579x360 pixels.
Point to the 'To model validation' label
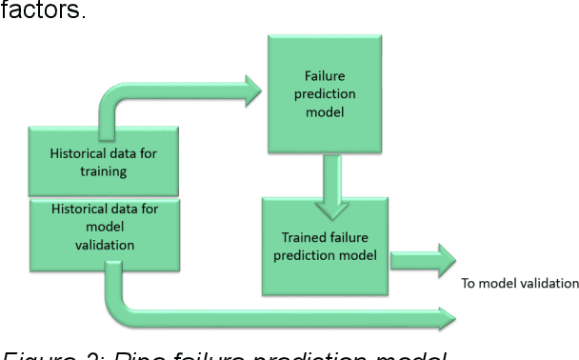point(519,282)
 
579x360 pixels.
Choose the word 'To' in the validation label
point(468,282)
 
